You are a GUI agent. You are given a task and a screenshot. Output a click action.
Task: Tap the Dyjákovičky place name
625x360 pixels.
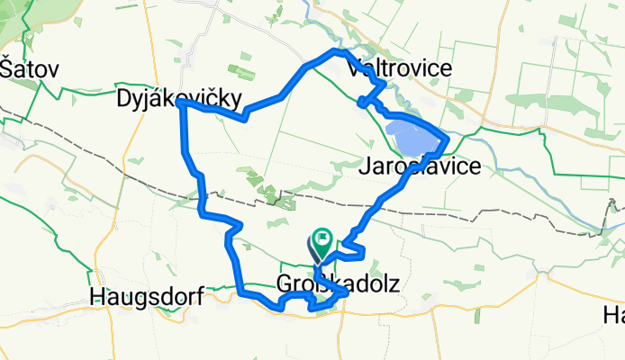[x=180, y=99]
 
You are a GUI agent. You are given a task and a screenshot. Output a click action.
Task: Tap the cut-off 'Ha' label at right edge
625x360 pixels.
[x=614, y=315]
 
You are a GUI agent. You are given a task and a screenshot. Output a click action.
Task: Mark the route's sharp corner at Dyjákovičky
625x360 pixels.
[x=181, y=104]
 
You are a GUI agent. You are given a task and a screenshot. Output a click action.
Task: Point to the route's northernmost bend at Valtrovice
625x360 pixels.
[x=340, y=52]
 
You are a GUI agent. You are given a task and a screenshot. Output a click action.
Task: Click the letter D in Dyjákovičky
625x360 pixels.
[x=124, y=99]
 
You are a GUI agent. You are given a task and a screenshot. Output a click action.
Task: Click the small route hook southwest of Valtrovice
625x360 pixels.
[x=364, y=101]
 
